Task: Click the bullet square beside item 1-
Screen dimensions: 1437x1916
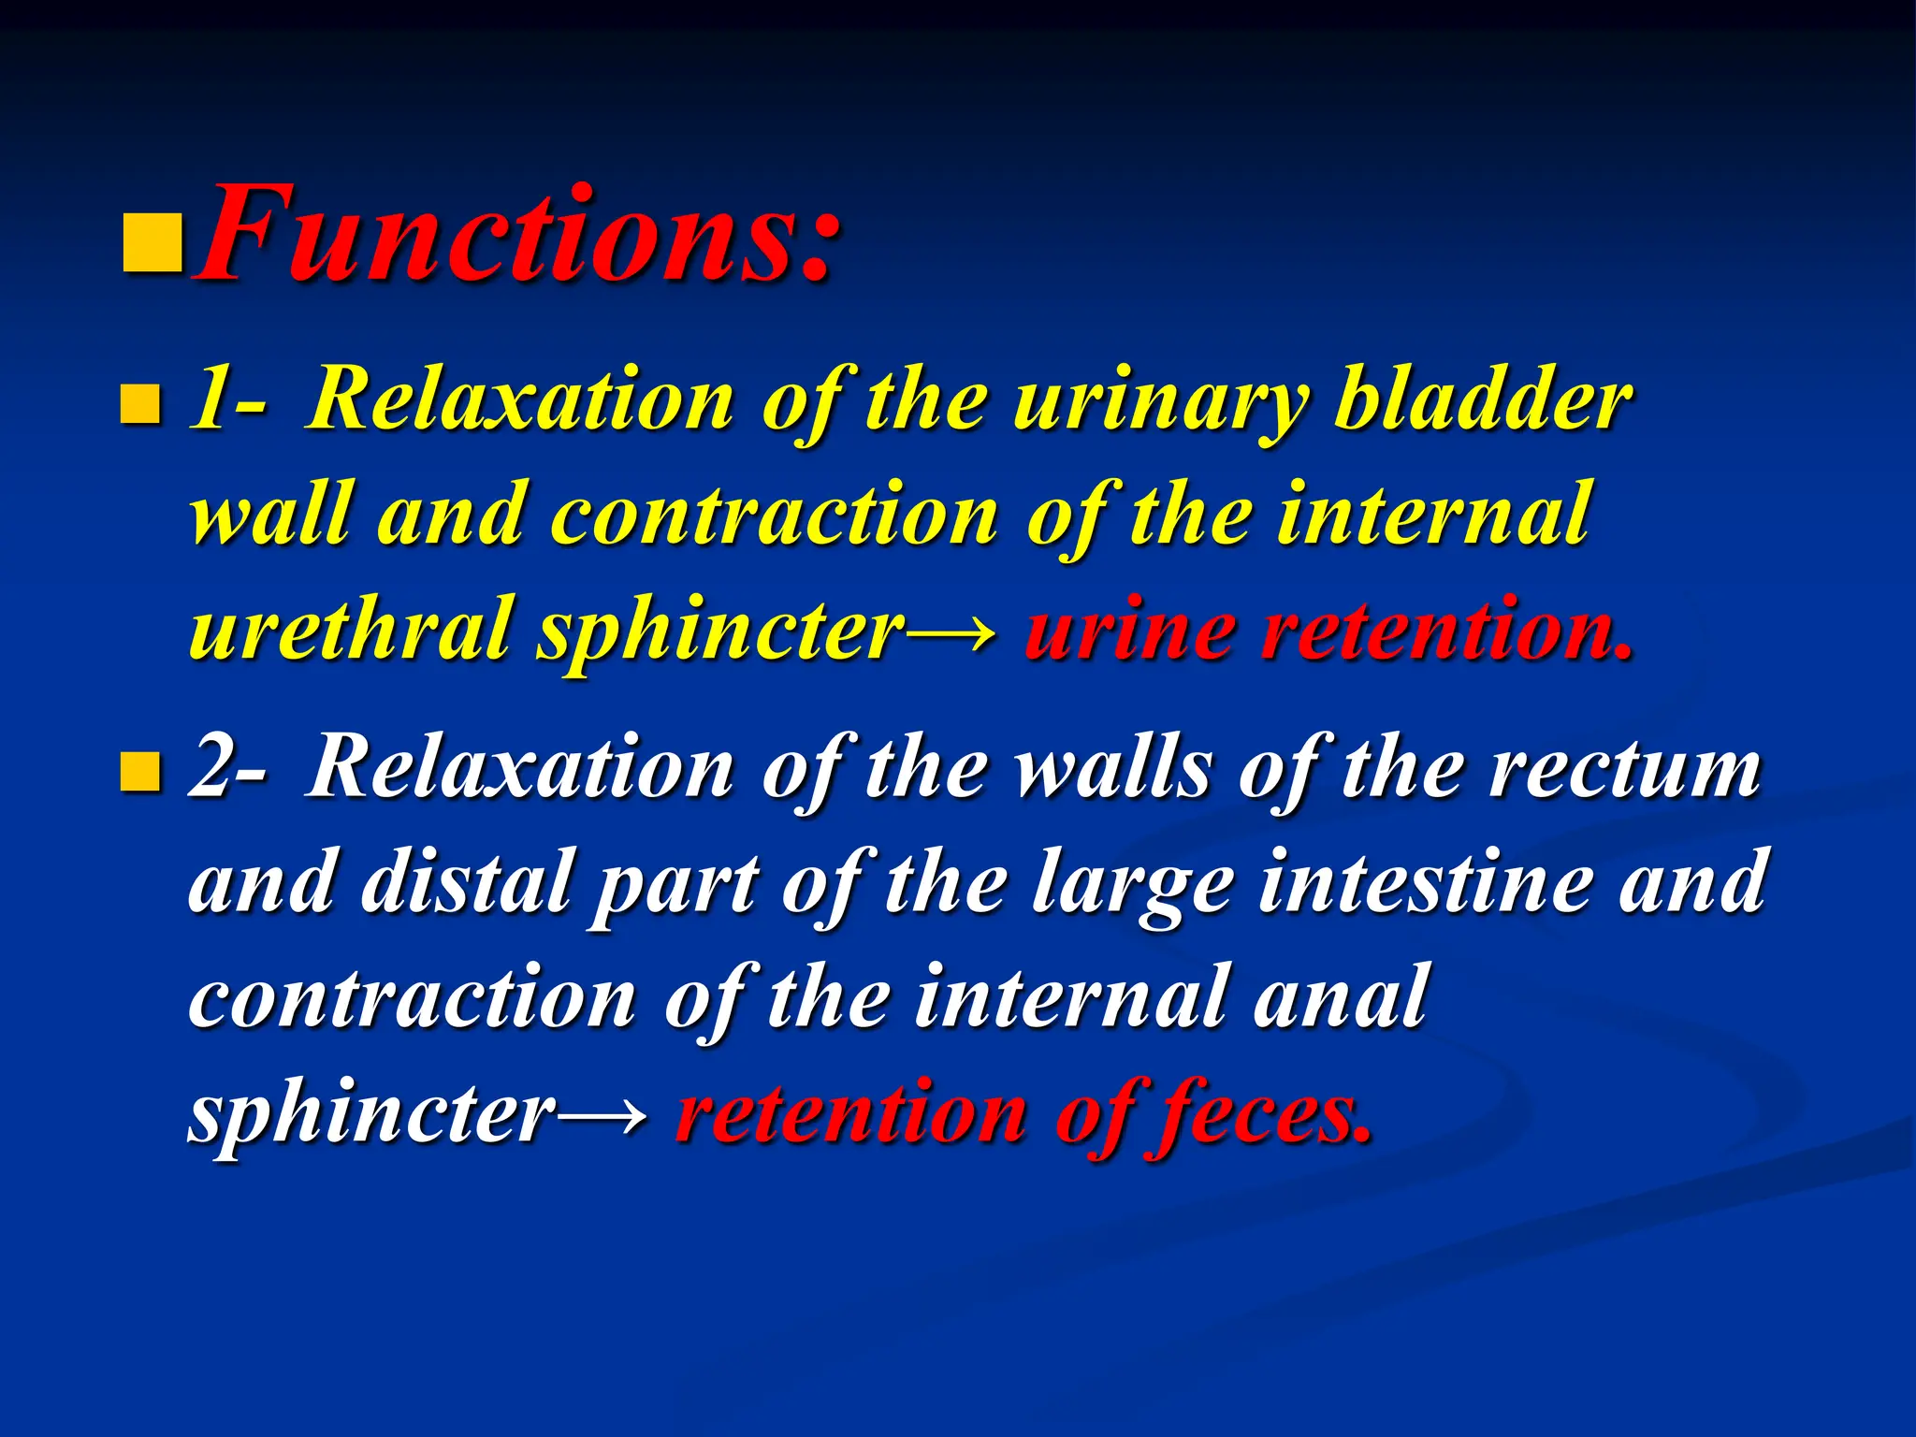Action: point(141,404)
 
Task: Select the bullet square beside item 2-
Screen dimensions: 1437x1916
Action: point(141,772)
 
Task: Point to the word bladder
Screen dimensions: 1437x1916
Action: point(1483,400)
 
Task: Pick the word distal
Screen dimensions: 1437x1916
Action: point(465,881)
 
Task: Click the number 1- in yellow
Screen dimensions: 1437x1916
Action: point(227,402)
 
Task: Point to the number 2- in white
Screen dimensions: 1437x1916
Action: point(227,770)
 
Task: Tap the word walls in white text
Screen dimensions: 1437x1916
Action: point(1113,770)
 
